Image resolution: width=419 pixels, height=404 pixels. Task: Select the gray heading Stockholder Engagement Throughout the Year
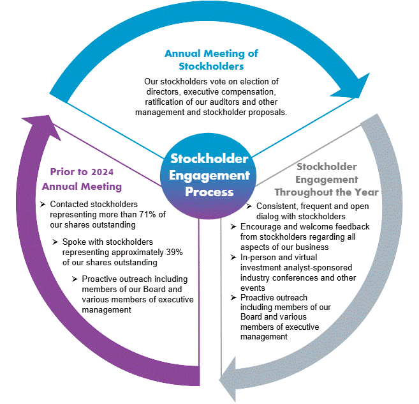327,179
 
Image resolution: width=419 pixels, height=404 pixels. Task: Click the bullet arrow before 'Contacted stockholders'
43,205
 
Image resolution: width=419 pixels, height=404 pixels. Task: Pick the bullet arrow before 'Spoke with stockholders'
56,242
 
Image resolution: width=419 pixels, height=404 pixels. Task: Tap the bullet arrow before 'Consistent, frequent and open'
249,206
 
